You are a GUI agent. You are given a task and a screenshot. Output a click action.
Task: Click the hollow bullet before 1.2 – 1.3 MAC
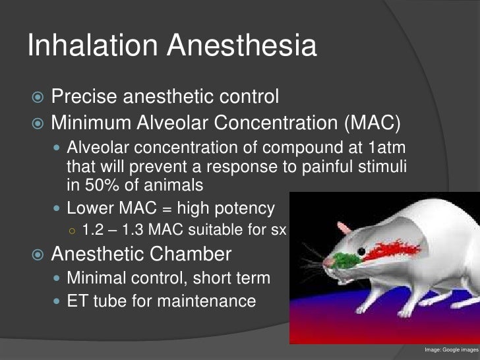tap(73, 231)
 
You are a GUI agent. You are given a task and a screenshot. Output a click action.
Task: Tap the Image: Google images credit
tap(451, 349)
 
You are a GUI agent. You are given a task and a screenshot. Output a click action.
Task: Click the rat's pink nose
tap(328, 263)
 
